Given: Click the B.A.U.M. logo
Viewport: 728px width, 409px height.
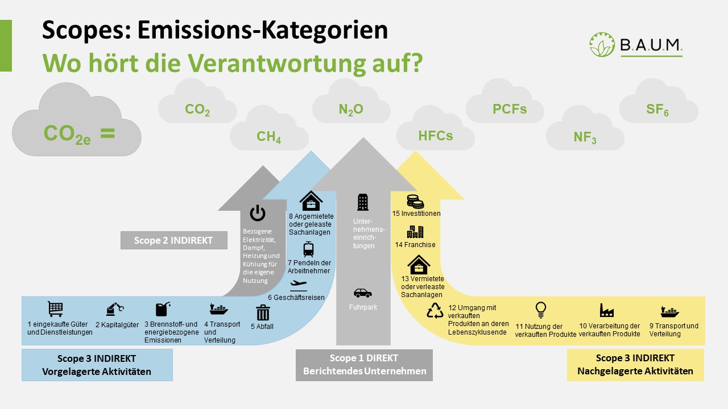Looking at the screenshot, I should [636, 45].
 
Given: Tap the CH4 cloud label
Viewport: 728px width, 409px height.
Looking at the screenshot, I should [269, 137].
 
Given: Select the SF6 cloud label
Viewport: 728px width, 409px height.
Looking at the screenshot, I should [657, 110].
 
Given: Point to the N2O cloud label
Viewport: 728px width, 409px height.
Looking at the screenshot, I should [351, 110].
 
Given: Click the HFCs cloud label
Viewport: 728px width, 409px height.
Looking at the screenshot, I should [436, 136].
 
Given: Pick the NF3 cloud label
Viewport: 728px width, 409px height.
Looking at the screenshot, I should [585, 137].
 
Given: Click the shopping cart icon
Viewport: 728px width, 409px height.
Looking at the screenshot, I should [55, 308].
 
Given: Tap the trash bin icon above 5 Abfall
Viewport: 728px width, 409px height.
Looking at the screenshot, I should [263, 313].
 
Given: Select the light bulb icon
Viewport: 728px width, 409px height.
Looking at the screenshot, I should [540, 310].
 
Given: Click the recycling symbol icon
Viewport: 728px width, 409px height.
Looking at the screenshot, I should [436, 310].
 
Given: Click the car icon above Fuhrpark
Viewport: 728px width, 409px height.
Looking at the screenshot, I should [362, 293].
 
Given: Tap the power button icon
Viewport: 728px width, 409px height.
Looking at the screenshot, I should [258, 214].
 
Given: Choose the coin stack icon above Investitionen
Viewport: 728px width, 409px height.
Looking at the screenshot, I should [415, 202].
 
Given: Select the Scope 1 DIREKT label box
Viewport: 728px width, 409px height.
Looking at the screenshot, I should [364, 365].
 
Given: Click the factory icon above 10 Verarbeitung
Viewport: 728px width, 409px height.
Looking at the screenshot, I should [606, 310].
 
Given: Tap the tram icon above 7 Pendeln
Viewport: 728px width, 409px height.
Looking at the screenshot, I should [308, 249].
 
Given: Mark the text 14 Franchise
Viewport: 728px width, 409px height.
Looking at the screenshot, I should [415, 245].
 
